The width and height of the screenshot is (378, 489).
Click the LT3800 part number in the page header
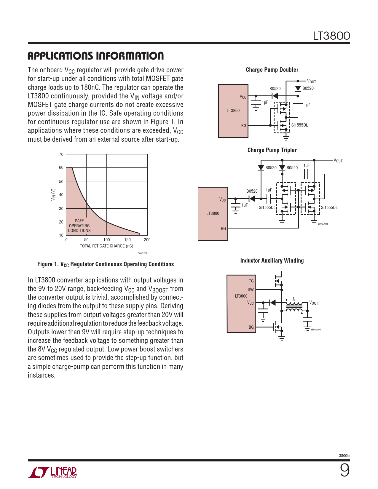[331, 36]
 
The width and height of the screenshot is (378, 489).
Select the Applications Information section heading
[95, 56]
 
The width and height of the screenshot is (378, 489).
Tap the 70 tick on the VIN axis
[61, 154]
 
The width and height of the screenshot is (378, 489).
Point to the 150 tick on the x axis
[127, 240]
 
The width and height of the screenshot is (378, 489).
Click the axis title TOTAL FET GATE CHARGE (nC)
[106, 246]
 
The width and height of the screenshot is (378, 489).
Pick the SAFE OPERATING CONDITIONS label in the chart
[79, 226]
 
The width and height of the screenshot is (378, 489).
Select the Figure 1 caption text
[106, 264]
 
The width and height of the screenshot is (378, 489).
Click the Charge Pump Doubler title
[272, 70]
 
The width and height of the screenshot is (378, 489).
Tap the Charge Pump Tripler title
[272, 150]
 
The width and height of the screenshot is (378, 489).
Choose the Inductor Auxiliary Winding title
[272, 261]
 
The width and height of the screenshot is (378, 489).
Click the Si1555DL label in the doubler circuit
[299, 125]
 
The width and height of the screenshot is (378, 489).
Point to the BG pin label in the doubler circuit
[244, 126]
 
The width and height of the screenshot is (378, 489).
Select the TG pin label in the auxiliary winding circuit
[251, 281]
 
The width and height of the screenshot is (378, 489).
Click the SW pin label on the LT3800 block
[251, 290]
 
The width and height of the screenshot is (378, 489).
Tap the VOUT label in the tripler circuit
[338, 161]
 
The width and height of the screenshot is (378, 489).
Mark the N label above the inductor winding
[294, 299]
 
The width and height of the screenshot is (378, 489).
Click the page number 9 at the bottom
[344, 470]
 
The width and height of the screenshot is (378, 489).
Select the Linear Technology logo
[52, 472]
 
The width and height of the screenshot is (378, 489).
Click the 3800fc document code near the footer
[344, 456]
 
